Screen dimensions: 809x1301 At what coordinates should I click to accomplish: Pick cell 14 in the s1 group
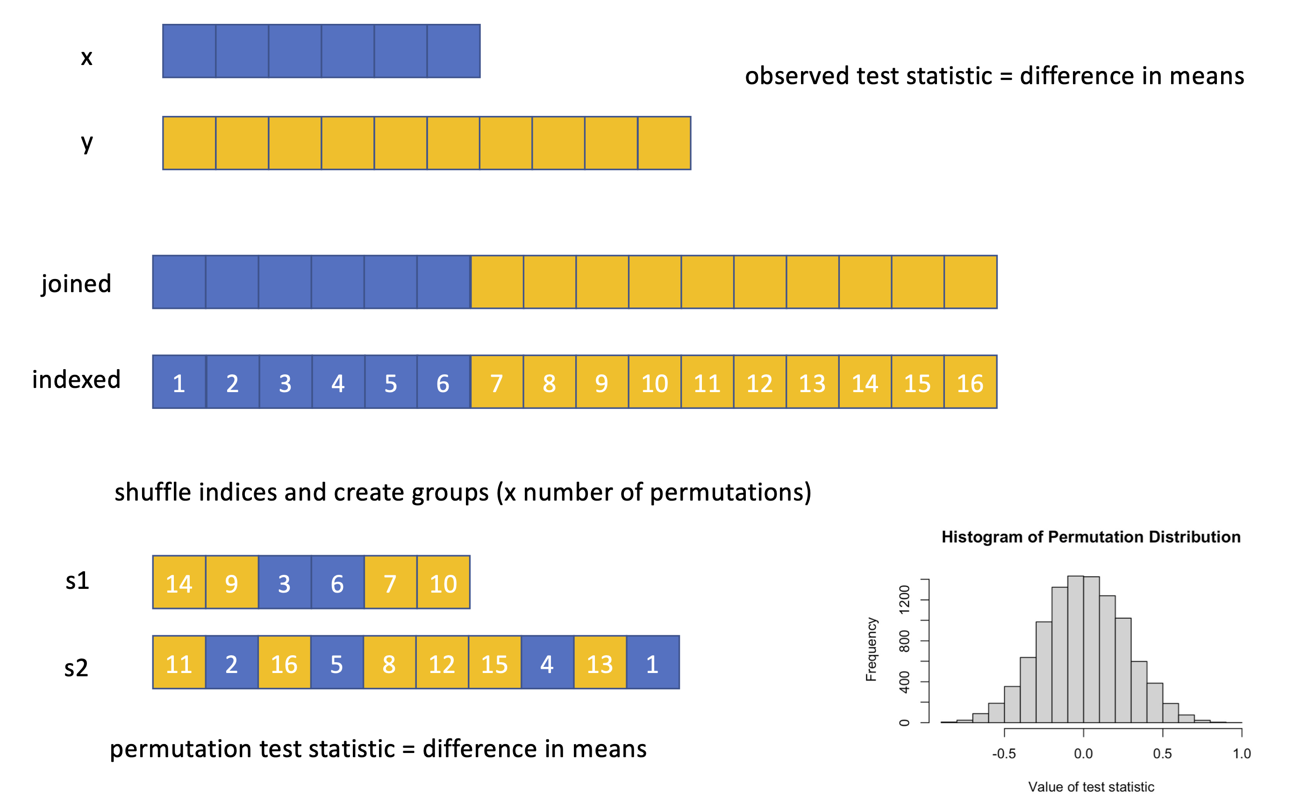[179, 583]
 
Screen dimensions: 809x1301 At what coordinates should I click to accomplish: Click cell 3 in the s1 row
[284, 583]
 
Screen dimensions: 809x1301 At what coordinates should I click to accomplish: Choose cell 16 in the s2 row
[284, 663]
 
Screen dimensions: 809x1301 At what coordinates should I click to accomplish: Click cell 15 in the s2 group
[494, 663]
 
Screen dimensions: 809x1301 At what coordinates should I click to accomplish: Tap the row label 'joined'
[77, 284]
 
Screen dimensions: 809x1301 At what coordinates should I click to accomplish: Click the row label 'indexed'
[77, 379]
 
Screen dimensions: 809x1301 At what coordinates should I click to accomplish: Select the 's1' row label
[77, 580]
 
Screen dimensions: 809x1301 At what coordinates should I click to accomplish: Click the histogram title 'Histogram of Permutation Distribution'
[1091, 537]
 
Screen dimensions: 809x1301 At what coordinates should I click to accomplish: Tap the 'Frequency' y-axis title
[872, 649]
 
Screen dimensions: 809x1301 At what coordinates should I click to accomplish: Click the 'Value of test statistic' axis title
[1091, 787]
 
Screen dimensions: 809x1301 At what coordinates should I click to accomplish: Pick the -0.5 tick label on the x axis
[1004, 754]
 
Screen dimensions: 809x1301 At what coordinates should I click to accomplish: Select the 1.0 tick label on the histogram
[1242, 754]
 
